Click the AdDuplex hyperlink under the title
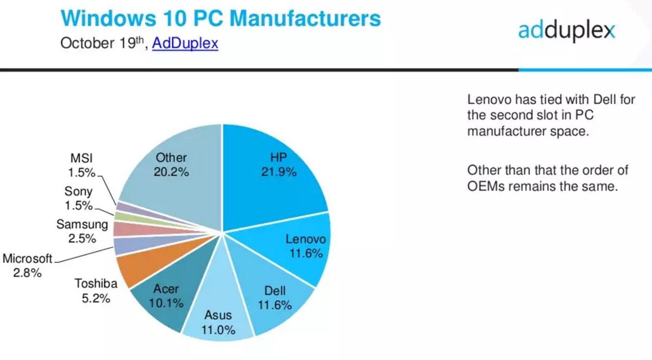pyautogui.click(x=185, y=43)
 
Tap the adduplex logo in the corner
pyautogui.click(x=566, y=30)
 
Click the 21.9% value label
pyautogui.click(x=283, y=172)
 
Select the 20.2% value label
pyautogui.click(x=172, y=172)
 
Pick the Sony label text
pyautogui.click(x=78, y=191)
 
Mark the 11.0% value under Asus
pyautogui.click(x=218, y=329)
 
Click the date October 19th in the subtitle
pyautogui.click(x=103, y=43)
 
